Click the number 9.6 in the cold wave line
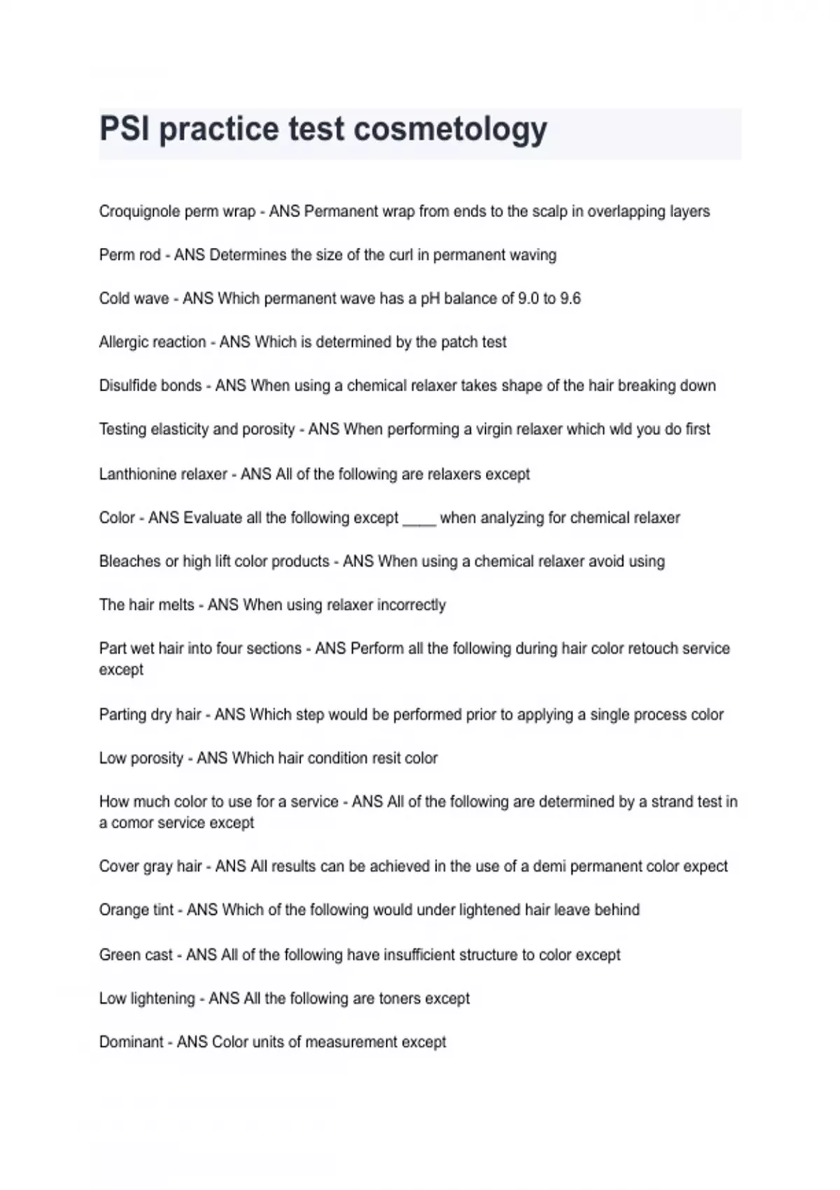coord(570,299)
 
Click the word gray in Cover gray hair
coord(157,867)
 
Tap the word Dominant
coord(131,1042)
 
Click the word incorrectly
coord(412,605)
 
